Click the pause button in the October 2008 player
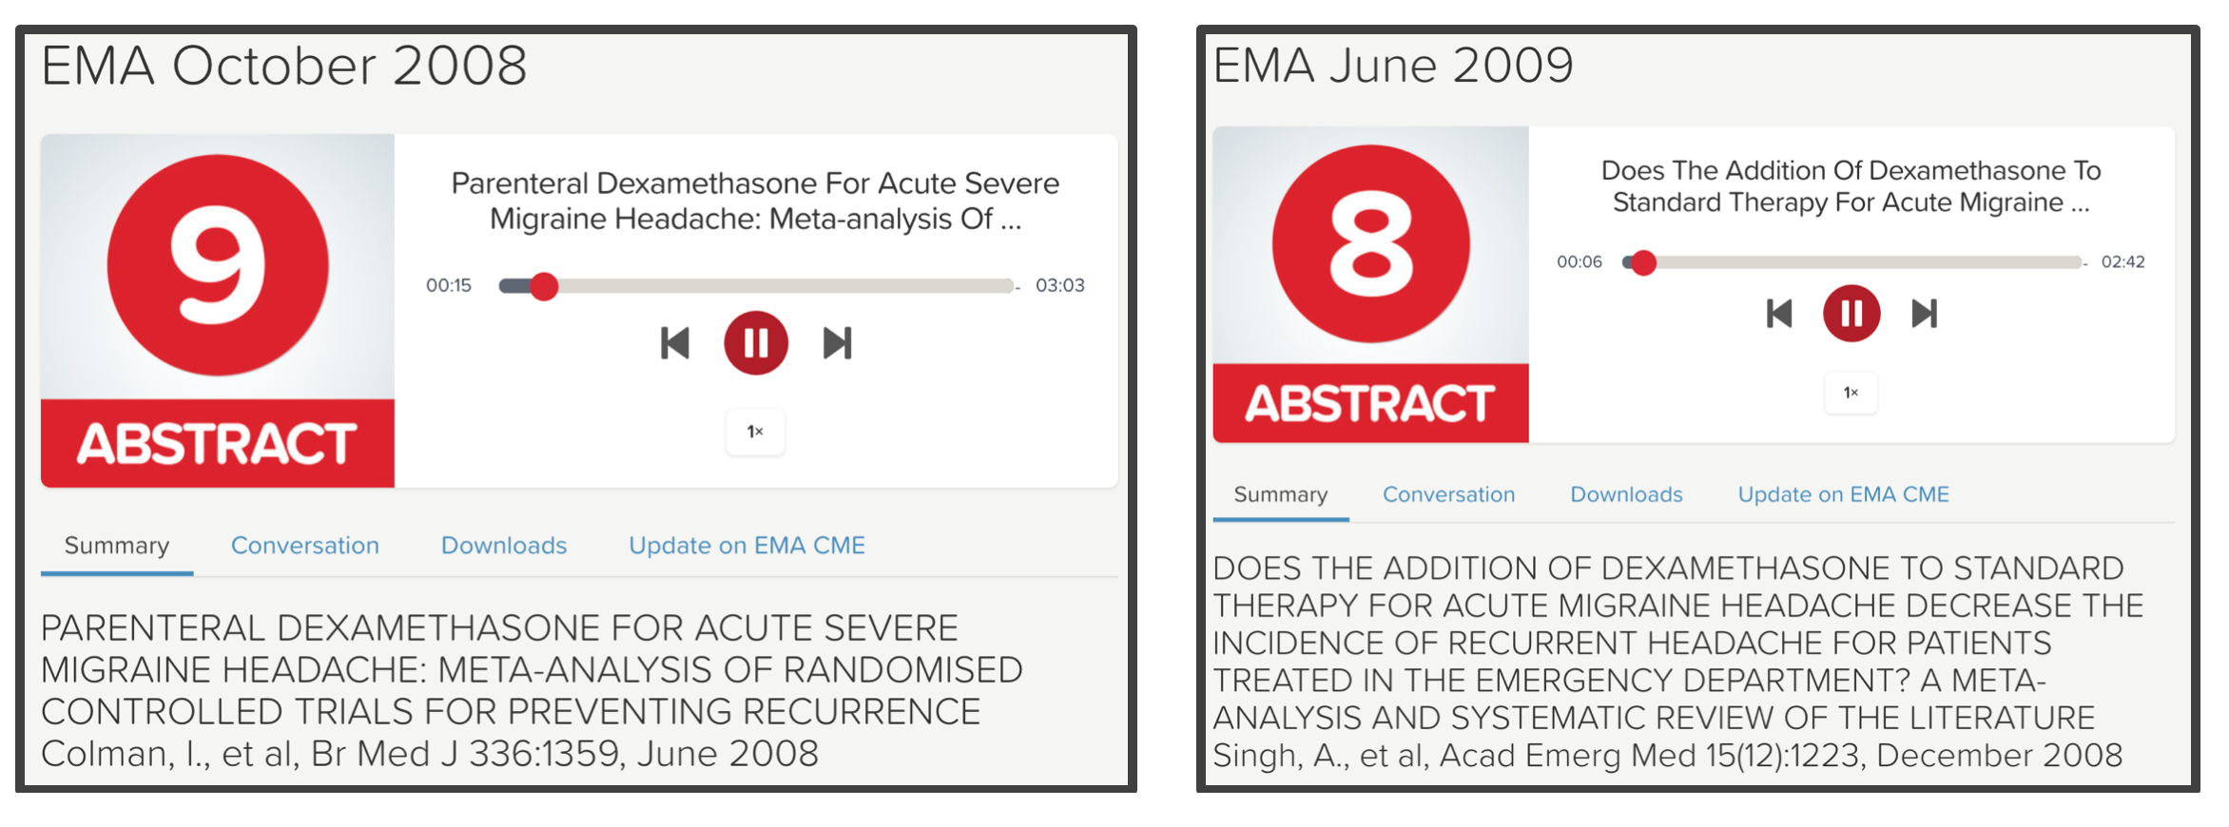pyautogui.click(x=756, y=342)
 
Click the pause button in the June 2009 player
pyautogui.click(x=1851, y=313)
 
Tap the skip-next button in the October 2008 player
pyautogui.click(x=837, y=343)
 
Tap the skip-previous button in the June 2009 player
pyautogui.click(x=1779, y=313)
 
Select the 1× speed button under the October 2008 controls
pyautogui.click(x=755, y=432)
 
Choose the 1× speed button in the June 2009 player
pyautogui.click(x=1851, y=392)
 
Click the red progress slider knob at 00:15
pyautogui.click(x=544, y=285)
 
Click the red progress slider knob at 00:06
pyautogui.click(x=1643, y=262)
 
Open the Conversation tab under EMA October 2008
pyautogui.click(x=305, y=546)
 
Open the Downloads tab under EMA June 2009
pyautogui.click(x=1626, y=494)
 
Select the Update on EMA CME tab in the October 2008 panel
pyautogui.click(x=746, y=546)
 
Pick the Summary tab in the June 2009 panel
pyautogui.click(x=1280, y=495)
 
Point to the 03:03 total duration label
pyautogui.click(x=1059, y=285)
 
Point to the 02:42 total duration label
pyautogui.click(x=2122, y=262)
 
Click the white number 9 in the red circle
pyautogui.click(x=218, y=264)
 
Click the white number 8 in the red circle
pyautogui.click(x=1370, y=243)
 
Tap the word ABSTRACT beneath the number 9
pyautogui.click(x=217, y=444)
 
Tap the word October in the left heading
pyautogui.click(x=274, y=66)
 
